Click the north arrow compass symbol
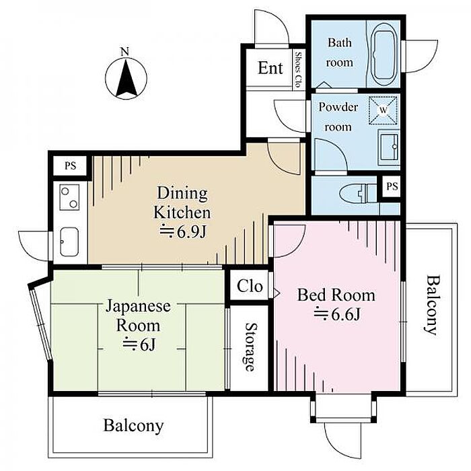126,79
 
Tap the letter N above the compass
124,52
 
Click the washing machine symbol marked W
384,110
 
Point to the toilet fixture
358,192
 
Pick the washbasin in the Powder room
388,147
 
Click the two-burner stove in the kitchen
69,197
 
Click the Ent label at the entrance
270,68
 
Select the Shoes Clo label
298,69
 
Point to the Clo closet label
250,286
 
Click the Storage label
250,347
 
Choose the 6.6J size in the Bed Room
336,314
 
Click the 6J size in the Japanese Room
139,345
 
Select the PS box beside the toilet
392,186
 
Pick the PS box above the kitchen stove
70,166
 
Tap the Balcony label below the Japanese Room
133,426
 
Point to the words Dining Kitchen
182,203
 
